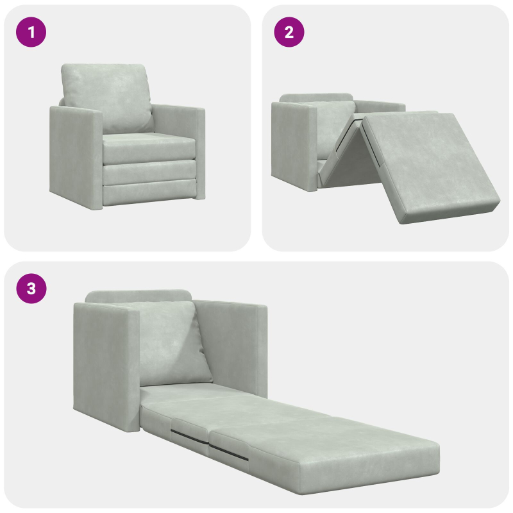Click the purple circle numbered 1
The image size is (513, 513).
31,32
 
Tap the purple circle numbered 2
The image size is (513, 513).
289,32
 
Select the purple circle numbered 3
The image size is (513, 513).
31,289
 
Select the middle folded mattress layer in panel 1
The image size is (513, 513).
149,172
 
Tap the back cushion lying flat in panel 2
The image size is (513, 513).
333,125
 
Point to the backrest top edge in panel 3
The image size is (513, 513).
138,296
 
